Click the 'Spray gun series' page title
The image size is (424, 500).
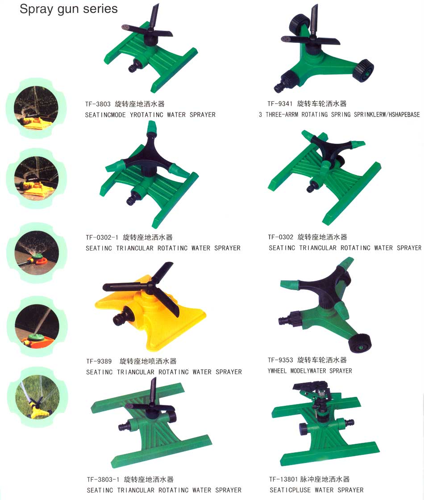69,9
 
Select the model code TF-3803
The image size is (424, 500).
98,104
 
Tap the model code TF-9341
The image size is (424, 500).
280,104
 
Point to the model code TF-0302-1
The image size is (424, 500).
102,237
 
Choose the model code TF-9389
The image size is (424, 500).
99,361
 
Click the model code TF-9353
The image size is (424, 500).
280,360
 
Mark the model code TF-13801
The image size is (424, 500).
283,479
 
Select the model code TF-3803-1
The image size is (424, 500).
103,479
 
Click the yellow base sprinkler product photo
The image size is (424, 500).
150,306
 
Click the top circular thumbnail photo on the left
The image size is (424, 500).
36,108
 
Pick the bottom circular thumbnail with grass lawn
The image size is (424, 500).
37,397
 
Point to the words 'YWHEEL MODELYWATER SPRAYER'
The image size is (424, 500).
310,371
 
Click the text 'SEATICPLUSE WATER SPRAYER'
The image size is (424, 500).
316,490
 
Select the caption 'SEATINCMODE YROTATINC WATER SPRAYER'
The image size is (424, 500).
150,115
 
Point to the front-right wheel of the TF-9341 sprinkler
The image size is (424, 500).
363,70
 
